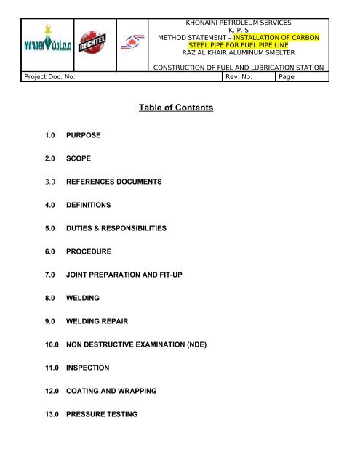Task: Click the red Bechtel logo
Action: [93, 45]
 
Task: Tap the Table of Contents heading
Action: [177, 108]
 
